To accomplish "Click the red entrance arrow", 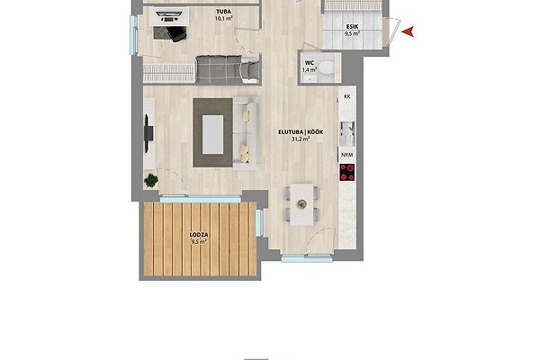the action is click(409, 32).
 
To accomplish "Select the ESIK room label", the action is click(351, 26).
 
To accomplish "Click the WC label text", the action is click(309, 63).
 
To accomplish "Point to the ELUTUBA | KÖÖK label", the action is click(301, 132).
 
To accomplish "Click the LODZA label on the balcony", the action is click(199, 235).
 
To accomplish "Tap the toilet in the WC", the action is click(327, 67).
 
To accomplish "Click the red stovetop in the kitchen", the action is click(346, 172).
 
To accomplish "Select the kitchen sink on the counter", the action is click(346, 133).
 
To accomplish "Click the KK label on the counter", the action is click(346, 97).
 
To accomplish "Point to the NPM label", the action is click(346, 155).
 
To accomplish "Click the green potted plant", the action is click(151, 180).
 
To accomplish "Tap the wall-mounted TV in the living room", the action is click(148, 133).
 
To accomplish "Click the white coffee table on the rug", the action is click(212, 134).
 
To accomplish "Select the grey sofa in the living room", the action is click(247, 133).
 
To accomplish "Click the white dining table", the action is click(301, 204).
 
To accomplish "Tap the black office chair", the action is click(176, 34).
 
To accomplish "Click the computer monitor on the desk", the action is click(169, 14).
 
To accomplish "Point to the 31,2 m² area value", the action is click(301, 139).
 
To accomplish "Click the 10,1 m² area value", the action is click(224, 18).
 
